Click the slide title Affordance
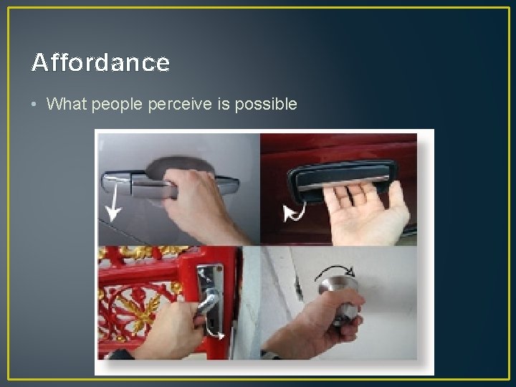click(100, 63)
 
